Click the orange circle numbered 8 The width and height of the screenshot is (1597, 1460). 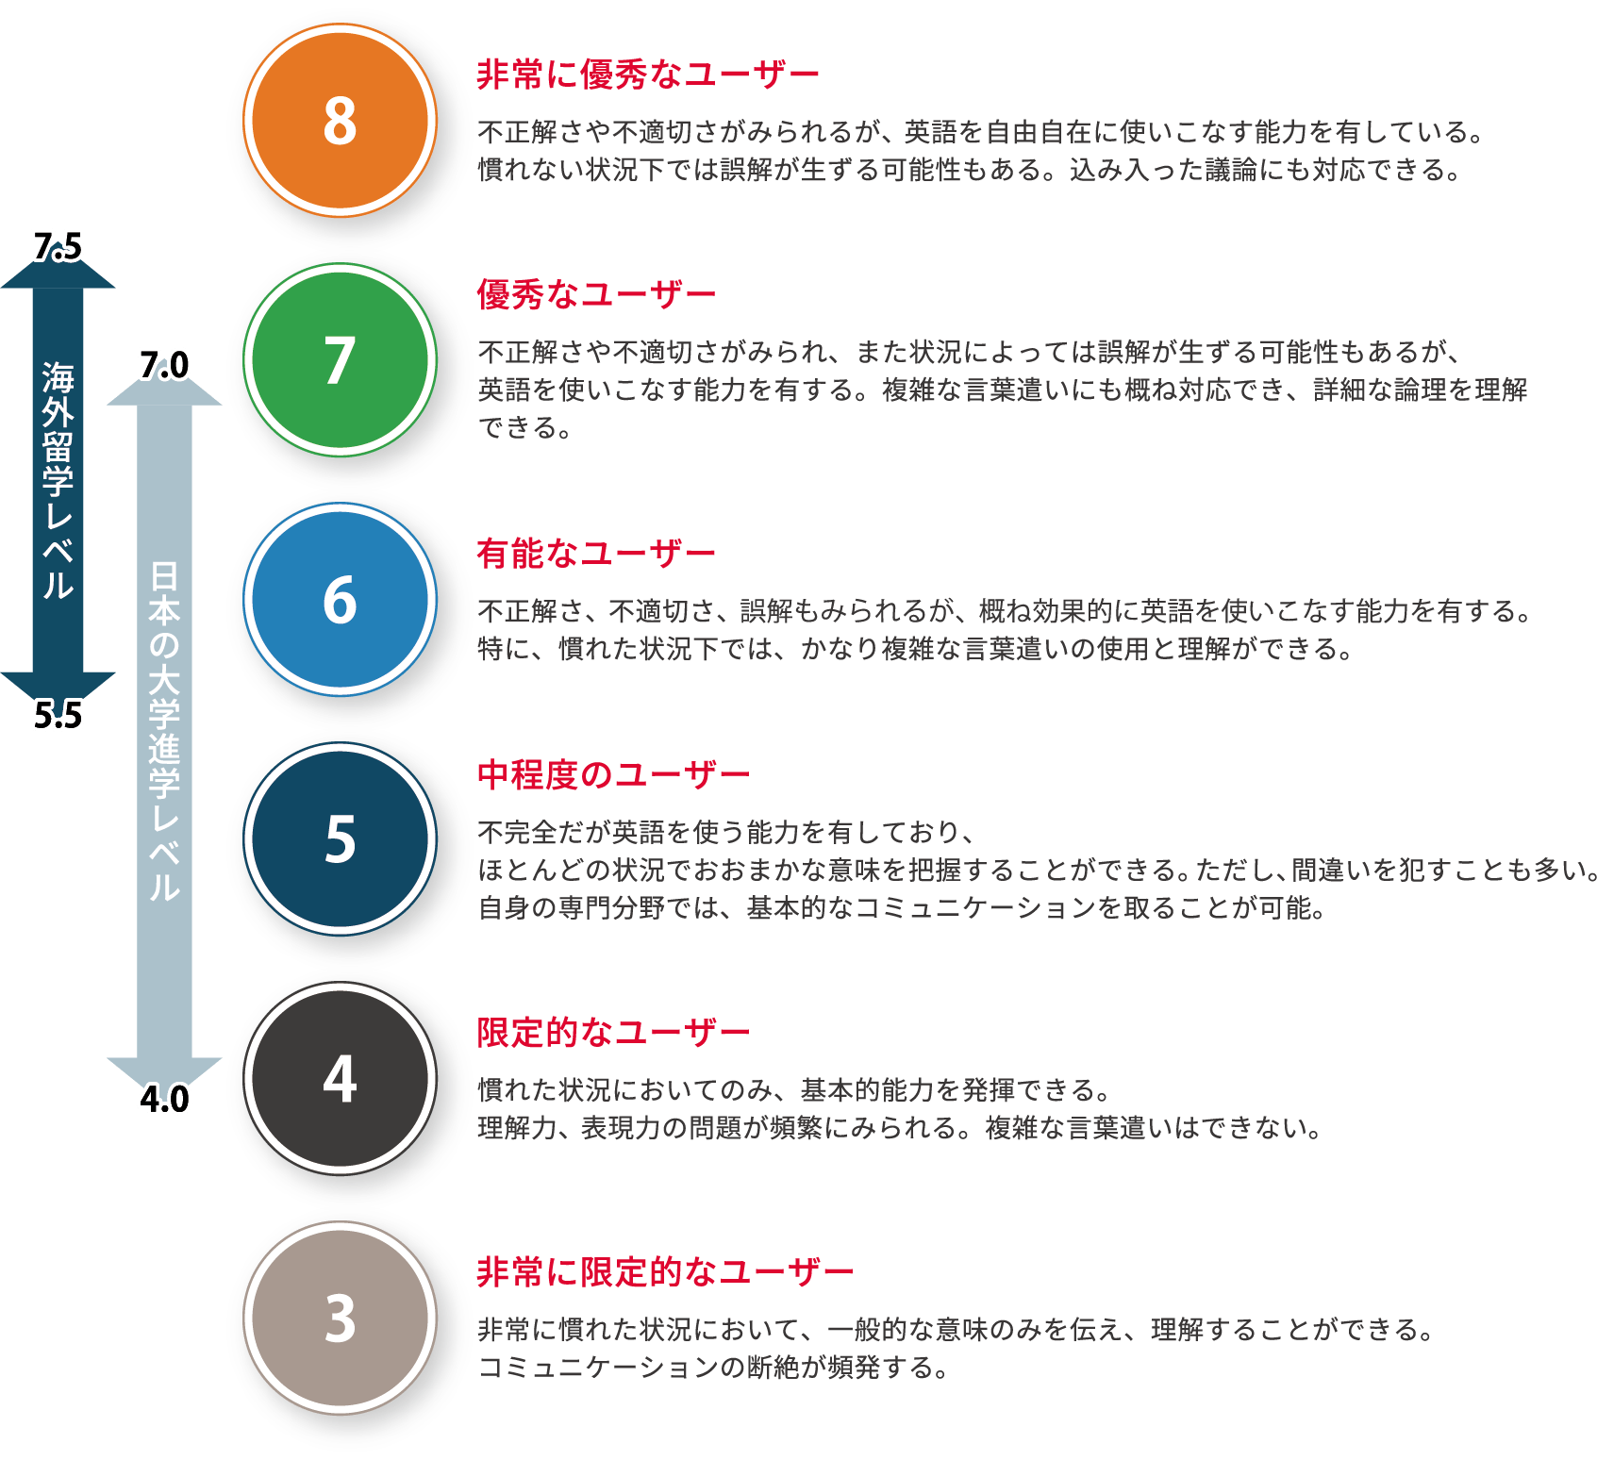click(340, 121)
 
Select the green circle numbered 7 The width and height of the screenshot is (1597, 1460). click(340, 360)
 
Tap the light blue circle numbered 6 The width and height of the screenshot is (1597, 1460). click(340, 600)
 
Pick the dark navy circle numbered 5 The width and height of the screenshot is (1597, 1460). click(340, 838)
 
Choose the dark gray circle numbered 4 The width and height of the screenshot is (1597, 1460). click(340, 1078)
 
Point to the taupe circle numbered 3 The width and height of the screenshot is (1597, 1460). click(340, 1318)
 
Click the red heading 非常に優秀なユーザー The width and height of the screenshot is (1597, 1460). click(647, 75)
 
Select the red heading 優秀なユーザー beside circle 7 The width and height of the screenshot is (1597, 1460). click(595, 294)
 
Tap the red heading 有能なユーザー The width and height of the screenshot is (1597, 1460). click(595, 553)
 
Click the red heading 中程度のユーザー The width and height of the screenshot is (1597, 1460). click(613, 774)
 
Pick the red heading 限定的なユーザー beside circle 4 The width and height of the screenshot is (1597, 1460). click(613, 1033)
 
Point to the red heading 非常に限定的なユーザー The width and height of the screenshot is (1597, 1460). click(665, 1272)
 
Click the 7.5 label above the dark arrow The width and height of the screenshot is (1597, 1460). click(58, 246)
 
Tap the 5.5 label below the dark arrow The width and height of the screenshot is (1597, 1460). click(58, 716)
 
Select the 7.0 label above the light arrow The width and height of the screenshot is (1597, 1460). click(164, 365)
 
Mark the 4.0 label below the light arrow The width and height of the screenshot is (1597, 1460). click(164, 1100)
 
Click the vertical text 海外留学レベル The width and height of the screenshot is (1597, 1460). click(58, 481)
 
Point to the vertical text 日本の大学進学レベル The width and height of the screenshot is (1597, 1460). click(164, 731)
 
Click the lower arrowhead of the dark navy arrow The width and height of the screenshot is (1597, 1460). click(58, 685)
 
